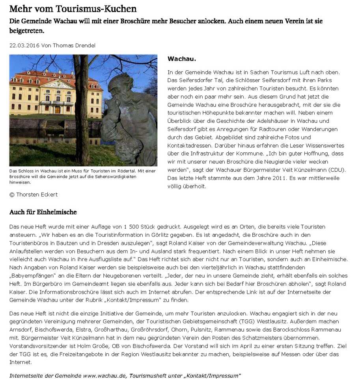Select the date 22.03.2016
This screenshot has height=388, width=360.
(24, 45)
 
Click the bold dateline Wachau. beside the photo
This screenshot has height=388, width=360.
(182, 59)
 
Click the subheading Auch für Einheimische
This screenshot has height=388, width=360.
(43, 212)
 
